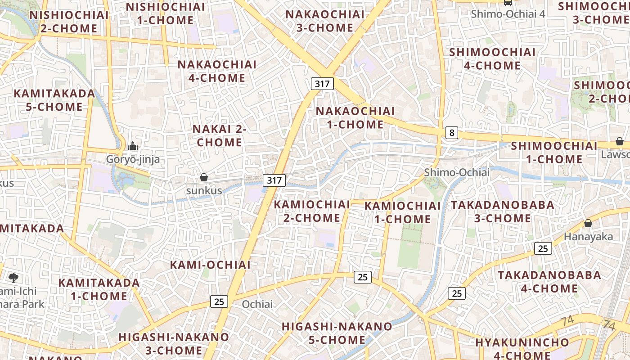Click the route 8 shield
[x=452, y=133]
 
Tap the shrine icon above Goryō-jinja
[x=132, y=146]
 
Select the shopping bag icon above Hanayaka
[x=588, y=223]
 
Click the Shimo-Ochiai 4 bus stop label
[x=508, y=14]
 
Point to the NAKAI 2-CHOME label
[x=220, y=135]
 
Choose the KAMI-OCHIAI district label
[x=210, y=265]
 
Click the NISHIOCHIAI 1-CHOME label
[x=165, y=13]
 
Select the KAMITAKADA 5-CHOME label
[x=54, y=100]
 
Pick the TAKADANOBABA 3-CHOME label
[x=503, y=211]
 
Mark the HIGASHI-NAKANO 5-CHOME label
[x=337, y=333]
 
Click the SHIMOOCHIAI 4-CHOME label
[x=492, y=59]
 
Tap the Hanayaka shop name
[x=588, y=237]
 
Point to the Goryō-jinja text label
[x=133, y=159]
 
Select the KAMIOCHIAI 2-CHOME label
[x=311, y=211]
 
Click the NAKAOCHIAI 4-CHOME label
[x=217, y=71]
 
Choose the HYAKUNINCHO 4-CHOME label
[x=522, y=349]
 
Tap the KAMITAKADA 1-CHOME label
[x=99, y=289]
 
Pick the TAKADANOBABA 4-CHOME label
[x=549, y=281]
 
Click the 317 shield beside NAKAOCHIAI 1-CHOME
[x=322, y=83]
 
